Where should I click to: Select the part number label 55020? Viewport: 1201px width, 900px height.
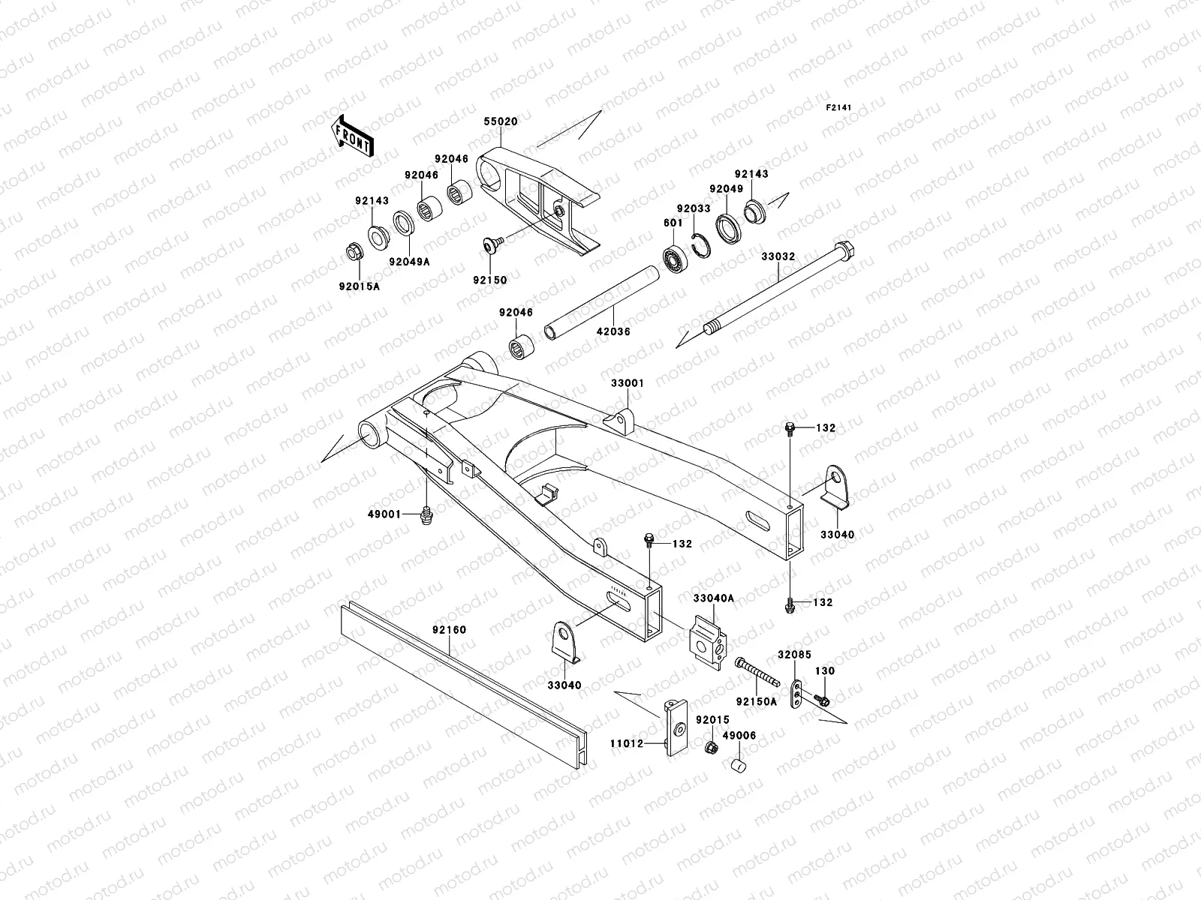click(x=501, y=121)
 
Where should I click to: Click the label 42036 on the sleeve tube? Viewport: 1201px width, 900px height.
click(x=613, y=331)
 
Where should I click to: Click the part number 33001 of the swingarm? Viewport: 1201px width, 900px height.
click(x=627, y=382)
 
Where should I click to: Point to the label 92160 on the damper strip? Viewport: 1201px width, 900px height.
click(x=449, y=630)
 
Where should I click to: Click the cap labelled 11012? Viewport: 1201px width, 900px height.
click(x=677, y=727)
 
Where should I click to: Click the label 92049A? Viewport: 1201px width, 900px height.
click(x=409, y=262)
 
